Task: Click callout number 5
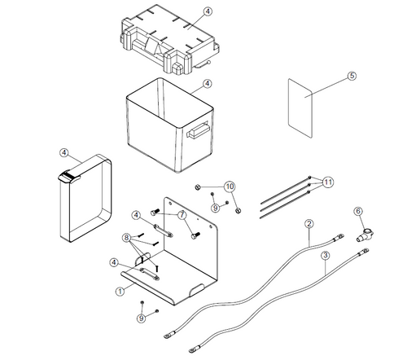[x=352, y=76]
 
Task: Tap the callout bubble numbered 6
[x=357, y=212]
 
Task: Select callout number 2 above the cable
[x=309, y=223]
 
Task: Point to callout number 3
[x=324, y=255]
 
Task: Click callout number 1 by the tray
[x=121, y=289]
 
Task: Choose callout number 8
[x=126, y=237]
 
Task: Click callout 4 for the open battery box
[x=207, y=84]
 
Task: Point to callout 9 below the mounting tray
[x=142, y=318]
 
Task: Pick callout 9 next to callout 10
[x=214, y=209]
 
